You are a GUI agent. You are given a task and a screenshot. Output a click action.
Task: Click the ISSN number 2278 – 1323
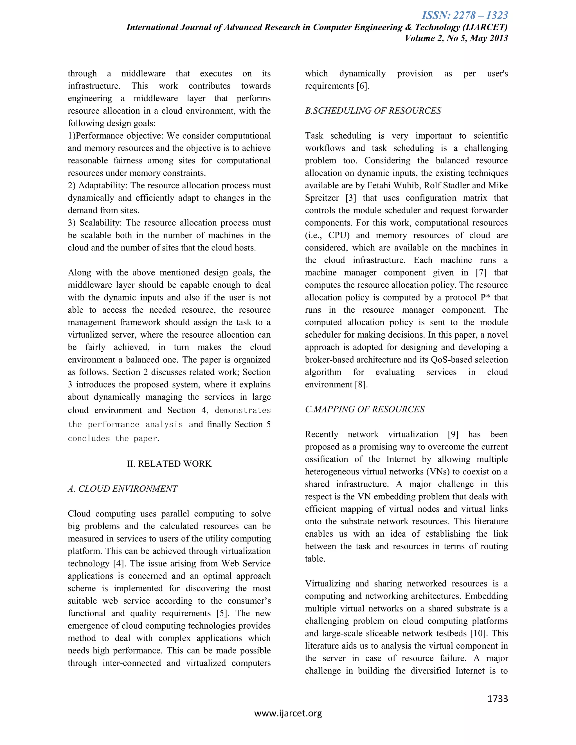click(x=465, y=15)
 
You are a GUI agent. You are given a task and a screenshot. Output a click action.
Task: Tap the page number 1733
click(x=498, y=699)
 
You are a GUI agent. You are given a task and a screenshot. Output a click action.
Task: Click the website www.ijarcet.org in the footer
click(x=288, y=713)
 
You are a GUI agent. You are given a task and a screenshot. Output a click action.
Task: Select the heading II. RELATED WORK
click(x=169, y=464)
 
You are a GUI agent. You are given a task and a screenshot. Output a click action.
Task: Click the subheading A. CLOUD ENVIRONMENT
click(x=123, y=489)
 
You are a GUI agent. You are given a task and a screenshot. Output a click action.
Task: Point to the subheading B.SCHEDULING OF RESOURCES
click(x=373, y=110)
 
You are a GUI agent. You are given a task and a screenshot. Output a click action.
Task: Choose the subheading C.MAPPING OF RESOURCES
click(x=364, y=409)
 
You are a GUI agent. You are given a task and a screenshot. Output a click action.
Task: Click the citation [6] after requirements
click(x=363, y=86)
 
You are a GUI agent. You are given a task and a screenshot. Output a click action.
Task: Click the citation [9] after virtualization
click(x=453, y=434)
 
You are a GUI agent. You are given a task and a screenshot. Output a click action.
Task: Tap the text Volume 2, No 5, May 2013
click(x=456, y=38)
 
